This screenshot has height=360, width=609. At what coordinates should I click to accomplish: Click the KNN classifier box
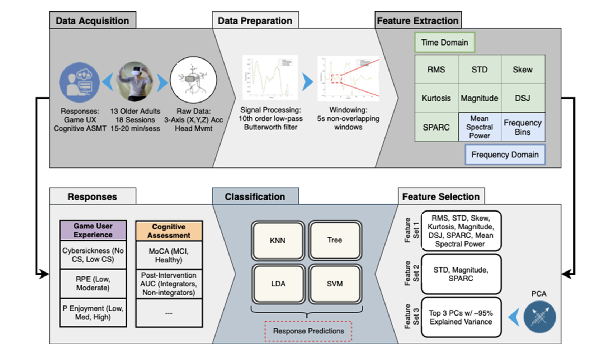pyautogui.click(x=278, y=240)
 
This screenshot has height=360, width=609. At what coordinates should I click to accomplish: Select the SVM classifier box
pyautogui.click(x=335, y=284)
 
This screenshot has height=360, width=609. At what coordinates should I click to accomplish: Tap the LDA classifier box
pyautogui.click(x=278, y=284)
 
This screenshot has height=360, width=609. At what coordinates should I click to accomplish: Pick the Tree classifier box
pyautogui.click(x=335, y=240)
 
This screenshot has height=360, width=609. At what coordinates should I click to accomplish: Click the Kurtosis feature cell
pyautogui.click(x=436, y=98)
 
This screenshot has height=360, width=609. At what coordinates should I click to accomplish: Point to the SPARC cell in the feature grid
pyautogui.click(x=436, y=127)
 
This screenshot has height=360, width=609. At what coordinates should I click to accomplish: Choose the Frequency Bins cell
pyautogui.click(x=523, y=127)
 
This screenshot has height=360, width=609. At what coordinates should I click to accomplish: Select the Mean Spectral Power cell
pyautogui.click(x=480, y=127)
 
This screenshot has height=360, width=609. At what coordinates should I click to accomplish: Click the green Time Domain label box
pyautogui.click(x=444, y=42)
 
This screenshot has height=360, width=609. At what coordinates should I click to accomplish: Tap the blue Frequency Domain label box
pyautogui.click(x=505, y=155)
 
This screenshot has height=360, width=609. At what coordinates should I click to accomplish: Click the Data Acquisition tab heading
pyautogui.click(x=92, y=20)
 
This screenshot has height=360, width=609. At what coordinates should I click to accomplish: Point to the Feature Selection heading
pyautogui.click(x=441, y=196)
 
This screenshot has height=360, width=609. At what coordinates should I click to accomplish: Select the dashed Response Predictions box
pyautogui.click(x=308, y=331)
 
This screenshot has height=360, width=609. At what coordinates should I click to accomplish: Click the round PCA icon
pyautogui.click(x=539, y=317)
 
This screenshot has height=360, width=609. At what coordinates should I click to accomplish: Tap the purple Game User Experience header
pyautogui.click(x=93, y=230)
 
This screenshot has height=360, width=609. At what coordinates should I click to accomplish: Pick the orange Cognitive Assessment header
pyautogui.click(x=169, y=231)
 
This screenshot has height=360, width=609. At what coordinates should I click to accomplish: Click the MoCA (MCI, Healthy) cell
pyautogui.click(x=169, y=255)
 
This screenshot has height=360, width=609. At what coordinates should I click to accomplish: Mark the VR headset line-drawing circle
pyautogui.click(x=193, y=80)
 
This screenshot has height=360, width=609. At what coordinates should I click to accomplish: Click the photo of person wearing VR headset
pyautogui.click(x=135, y=81)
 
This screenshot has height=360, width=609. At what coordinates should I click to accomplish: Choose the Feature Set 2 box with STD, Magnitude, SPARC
pyautogui.click(x=461, y=274)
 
